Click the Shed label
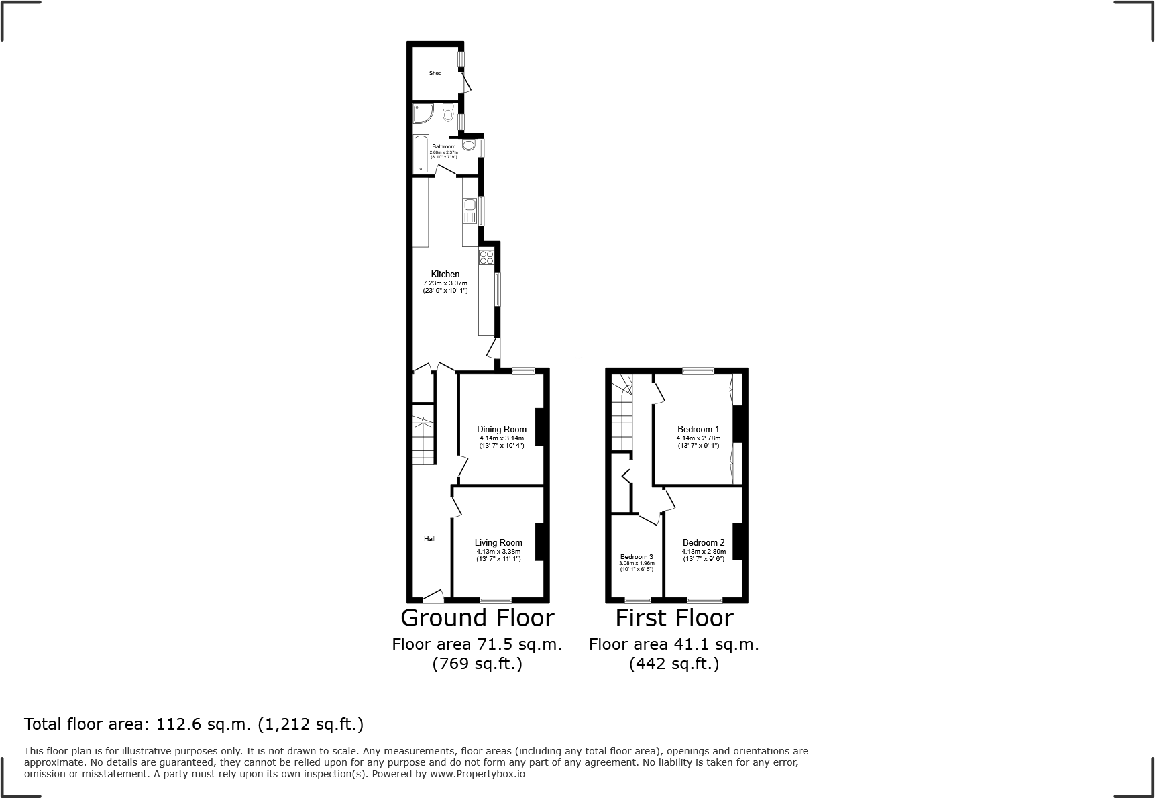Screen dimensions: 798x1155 pos(435,73)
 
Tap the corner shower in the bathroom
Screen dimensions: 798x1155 pos(423,115)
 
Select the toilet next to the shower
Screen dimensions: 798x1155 pos(448,115)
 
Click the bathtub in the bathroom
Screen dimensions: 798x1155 pos(421,153)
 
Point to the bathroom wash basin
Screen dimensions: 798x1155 pos(468,144)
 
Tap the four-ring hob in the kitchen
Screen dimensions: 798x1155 pos(486,258)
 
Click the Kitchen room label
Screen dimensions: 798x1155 pos(445,274)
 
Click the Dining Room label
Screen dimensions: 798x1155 pos(502,429)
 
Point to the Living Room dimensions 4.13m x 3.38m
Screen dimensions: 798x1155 pos(498,552)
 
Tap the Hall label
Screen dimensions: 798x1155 pos(429,538)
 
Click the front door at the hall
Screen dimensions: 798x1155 pos(433,595)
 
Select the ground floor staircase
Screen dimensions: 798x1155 pos(423,440)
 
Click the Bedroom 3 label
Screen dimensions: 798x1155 pos(637,557)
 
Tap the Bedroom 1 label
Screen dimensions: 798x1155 pos(698,429)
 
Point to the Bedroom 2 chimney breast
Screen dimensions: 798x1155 pos(738,541)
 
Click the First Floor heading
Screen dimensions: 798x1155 pos(674,617)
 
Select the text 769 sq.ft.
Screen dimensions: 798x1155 pos(477,664)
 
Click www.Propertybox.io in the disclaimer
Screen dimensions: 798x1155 pos(478,774)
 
